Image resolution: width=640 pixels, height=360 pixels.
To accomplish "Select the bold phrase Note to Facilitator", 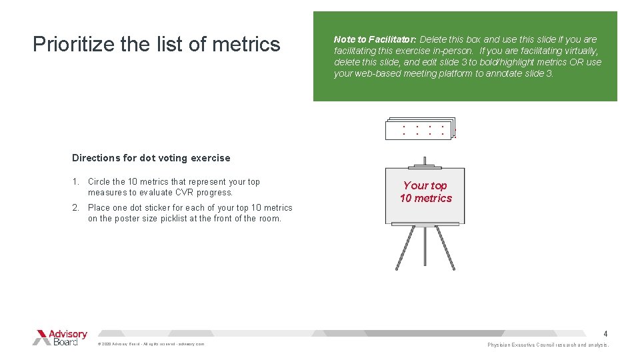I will pos(375,39).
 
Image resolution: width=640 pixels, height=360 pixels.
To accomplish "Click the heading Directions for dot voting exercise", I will pos(151,158).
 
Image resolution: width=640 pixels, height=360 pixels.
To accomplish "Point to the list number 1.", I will pos(76,181).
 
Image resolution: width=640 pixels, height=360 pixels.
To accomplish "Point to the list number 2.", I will pos(76,207).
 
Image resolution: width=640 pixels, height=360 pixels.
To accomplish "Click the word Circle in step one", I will pos(100,181).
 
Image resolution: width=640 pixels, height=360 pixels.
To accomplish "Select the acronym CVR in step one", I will pos(185,192).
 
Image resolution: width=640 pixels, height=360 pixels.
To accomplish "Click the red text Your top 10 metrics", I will pos(425,192).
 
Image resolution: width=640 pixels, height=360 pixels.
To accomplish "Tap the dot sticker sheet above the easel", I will pos(420,129).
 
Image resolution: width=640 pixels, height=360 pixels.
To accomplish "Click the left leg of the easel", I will pos(406,248).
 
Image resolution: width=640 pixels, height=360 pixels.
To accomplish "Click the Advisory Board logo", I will pos(60,337).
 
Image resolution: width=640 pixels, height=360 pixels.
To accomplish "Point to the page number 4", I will pos(605,333).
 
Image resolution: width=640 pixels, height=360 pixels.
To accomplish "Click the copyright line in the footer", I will pos(151,344).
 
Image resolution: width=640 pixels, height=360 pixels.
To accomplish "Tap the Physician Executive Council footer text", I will pos(547,345).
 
